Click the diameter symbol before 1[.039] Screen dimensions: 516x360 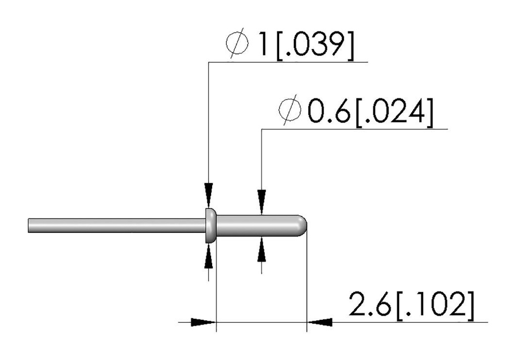(237, 43)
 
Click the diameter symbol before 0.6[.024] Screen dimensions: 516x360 (290, 110)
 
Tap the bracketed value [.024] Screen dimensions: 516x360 (394, 111)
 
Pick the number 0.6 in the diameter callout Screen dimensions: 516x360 (329, 110)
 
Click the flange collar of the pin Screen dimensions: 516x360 (210, 225)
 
